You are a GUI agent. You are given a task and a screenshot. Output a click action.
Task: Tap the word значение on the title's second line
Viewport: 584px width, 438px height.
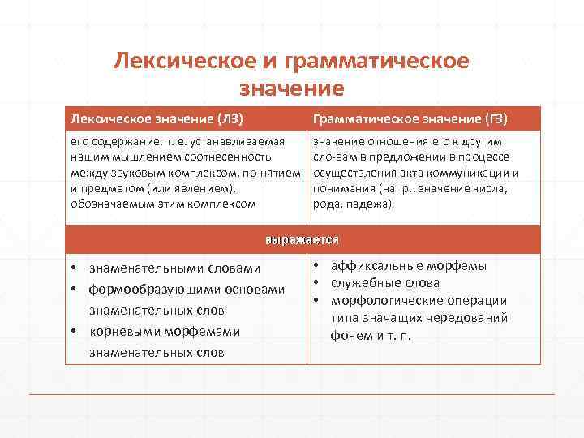(x=292, y=87)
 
